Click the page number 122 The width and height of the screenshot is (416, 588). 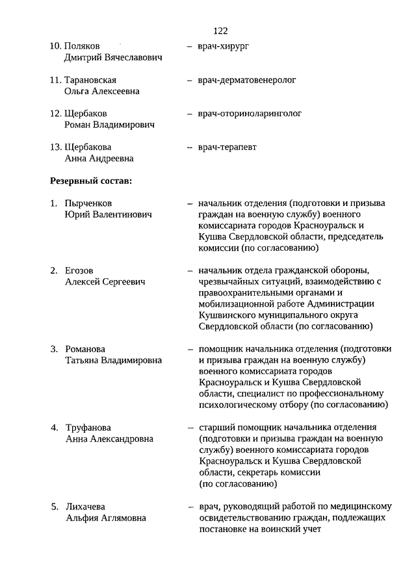point(220,31)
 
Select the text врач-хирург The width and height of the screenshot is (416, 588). point(224,46)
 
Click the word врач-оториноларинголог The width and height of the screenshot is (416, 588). point(250,114)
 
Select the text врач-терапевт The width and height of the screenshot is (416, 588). point(227,147)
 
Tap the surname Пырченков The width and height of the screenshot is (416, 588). point(89,203)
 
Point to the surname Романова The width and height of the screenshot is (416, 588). point(85,349)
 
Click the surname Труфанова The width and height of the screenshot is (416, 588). point(88,428)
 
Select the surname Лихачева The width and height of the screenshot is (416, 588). point(85,506)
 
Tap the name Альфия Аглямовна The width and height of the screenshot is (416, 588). point(105,518)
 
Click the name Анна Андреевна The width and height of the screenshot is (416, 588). point(99,159)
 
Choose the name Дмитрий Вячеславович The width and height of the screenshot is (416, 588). point(113,58)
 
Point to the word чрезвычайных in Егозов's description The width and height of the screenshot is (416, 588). point(226,281)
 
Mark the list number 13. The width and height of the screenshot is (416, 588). point(56,147)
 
